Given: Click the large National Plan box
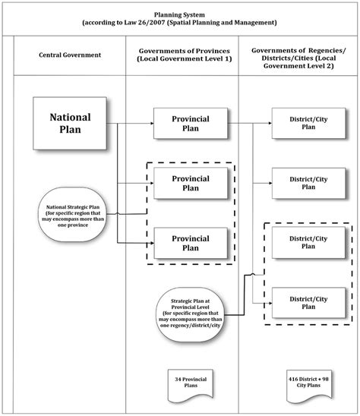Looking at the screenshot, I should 70,123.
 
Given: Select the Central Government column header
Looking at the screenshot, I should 69,55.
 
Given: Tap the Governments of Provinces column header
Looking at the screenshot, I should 182,55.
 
